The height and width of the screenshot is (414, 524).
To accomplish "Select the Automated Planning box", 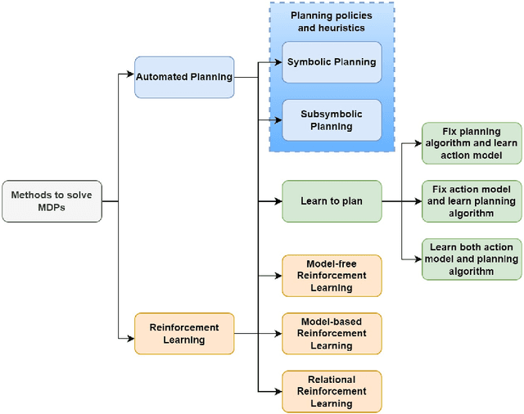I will tap(184, 78).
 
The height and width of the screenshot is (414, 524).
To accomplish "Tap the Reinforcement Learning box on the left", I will tap(184, 333).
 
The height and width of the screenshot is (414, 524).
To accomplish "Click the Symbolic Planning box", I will tap(332, 62).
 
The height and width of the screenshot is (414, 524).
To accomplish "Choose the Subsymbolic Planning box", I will tap(332, 120).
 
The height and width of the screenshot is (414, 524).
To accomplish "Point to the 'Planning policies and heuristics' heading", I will tap(331, 21).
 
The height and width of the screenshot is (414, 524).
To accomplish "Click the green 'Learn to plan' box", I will tap(332, 201).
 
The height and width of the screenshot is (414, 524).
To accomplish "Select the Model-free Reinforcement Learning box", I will tap(332, 276).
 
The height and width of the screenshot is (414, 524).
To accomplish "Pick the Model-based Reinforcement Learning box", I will tap(332, 333).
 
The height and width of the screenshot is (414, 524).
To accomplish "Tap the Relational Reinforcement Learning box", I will tap(332, 391).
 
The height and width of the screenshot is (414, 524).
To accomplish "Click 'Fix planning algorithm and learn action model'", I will tap(471, 143).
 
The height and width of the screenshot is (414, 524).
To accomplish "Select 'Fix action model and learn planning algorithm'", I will tap(471, 201).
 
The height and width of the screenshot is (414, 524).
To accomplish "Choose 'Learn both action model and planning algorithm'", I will tap(471, 259).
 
